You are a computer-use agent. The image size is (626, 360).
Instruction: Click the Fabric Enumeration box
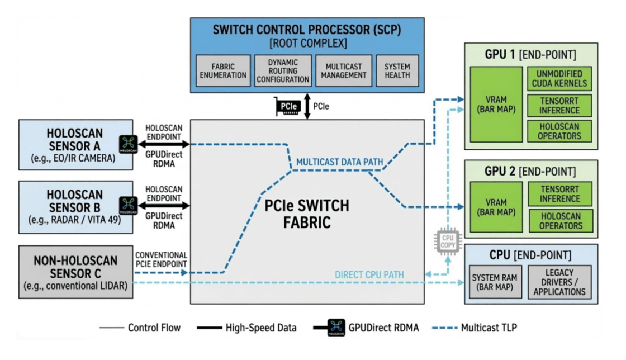point(223,70)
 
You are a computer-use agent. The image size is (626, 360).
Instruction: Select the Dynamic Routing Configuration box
point(283,70)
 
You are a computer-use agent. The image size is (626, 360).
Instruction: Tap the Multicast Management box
point(344,70)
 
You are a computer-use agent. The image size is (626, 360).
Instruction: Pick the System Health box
point(397,70)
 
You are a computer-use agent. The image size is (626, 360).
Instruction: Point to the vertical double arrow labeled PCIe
point(307,106)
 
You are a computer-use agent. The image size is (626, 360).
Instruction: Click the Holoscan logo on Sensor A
point(129,144)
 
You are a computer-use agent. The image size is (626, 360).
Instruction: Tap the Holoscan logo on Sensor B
point(129,206)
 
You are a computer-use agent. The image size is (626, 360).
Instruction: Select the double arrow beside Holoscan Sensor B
point(164,206)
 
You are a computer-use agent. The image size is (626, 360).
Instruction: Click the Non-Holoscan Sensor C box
point(75,272)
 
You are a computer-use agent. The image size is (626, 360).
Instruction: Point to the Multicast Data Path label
point(340,162)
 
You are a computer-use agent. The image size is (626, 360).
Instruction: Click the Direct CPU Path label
point(369,274)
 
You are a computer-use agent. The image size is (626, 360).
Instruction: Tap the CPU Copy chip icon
point(448,241)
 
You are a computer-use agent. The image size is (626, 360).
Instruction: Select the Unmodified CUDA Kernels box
point(559,79)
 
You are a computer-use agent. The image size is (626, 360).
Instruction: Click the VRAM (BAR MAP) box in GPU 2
point(496,207)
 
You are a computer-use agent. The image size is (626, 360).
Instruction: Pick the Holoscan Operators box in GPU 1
point(559,131)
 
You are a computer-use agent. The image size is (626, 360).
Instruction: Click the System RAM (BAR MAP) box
point(495,282)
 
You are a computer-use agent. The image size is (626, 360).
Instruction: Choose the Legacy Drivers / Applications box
point(559,282)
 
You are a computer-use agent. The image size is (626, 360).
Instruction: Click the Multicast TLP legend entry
point(475,328)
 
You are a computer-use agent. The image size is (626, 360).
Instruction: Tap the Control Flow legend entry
point(140,328)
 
